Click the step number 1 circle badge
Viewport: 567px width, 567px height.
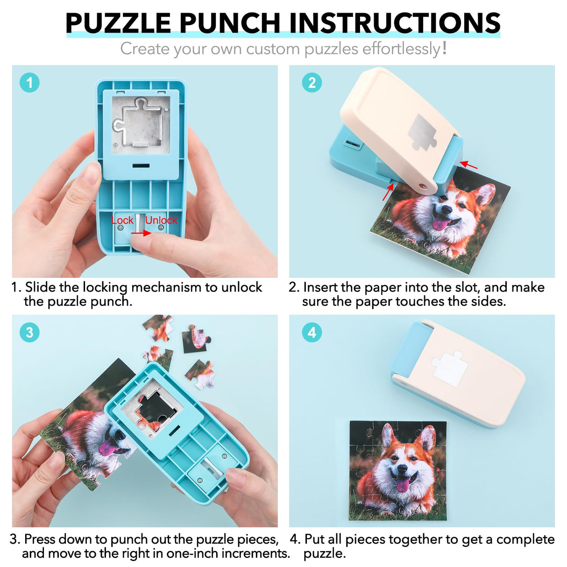[x=29, y=83]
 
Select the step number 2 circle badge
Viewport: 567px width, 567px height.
[x=312, y=83]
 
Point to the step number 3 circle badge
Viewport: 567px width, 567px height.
[x=29, y=332]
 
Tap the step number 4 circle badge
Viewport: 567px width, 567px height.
[x=312, y=332]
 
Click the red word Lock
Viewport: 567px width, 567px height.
[x=122, y=220]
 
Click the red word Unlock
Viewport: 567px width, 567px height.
[x=161, y=220]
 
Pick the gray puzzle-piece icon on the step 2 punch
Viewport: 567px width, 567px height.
[x=423, y=133]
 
